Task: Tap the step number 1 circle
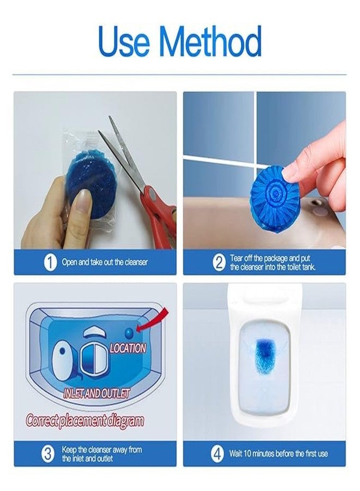[50, 262]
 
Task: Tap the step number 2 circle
[219, 262]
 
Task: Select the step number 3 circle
[49, 453]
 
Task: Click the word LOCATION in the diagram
[128, 348]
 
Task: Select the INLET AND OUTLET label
[97, 393]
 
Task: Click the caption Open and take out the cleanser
[105, 262]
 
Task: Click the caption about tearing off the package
[273, 262]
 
